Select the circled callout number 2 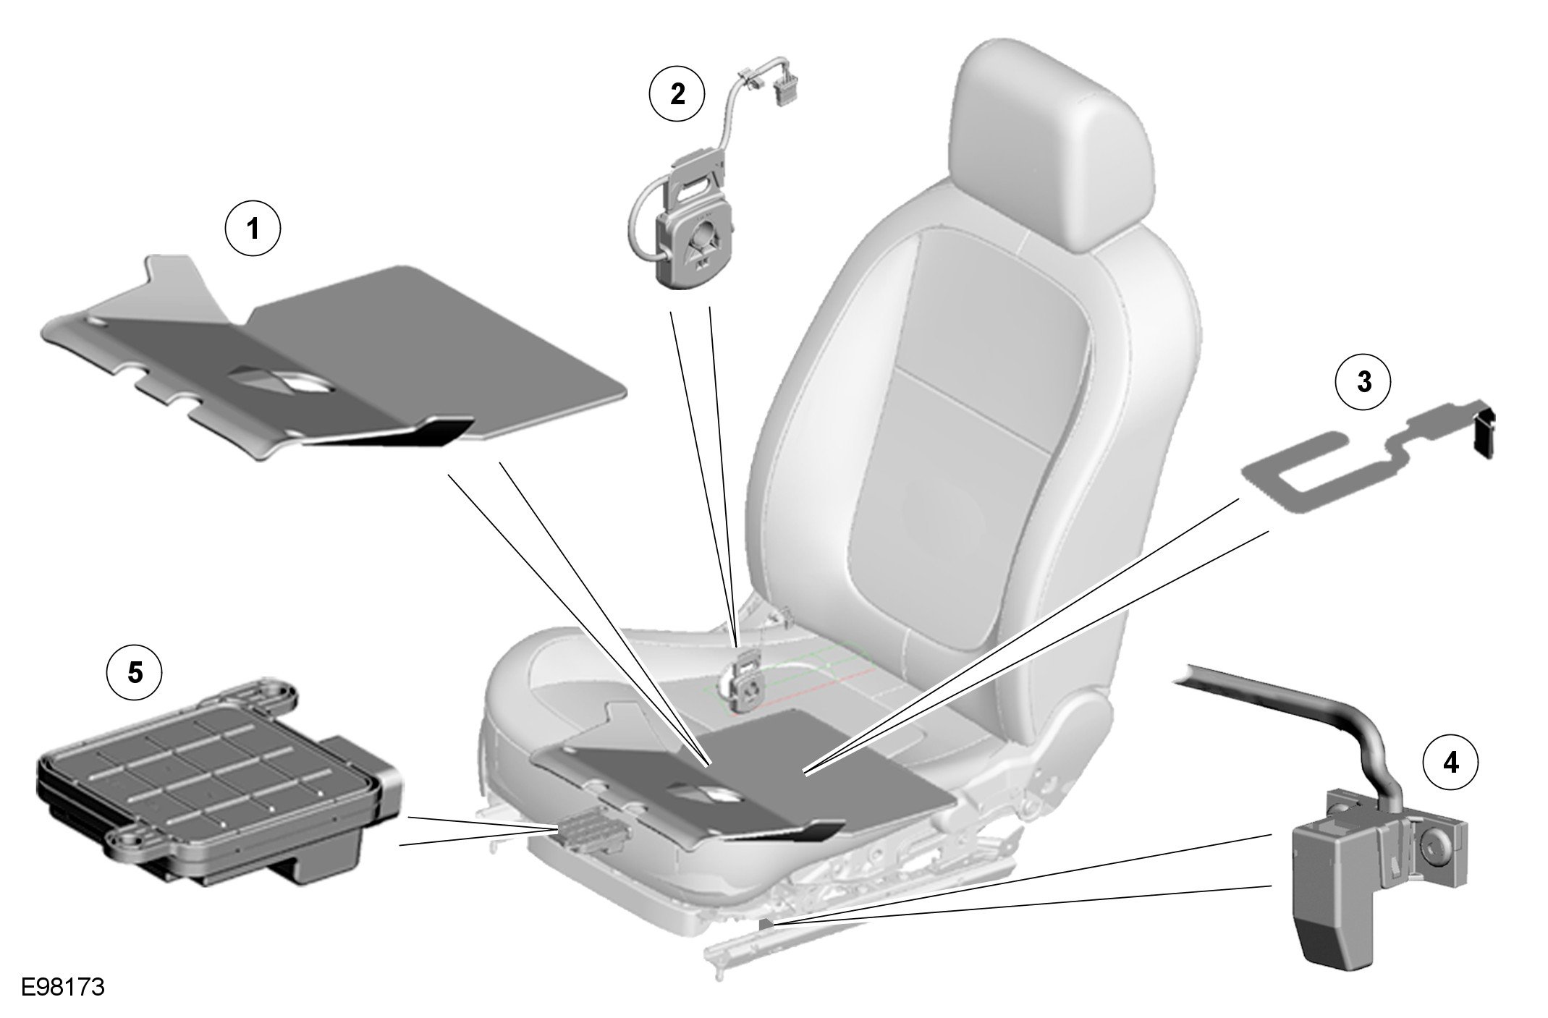click(677, 94)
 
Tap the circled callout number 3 click(1363, 382)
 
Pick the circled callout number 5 click(135, 673)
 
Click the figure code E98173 click(63, 987)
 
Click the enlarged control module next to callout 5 click(217, 785)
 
